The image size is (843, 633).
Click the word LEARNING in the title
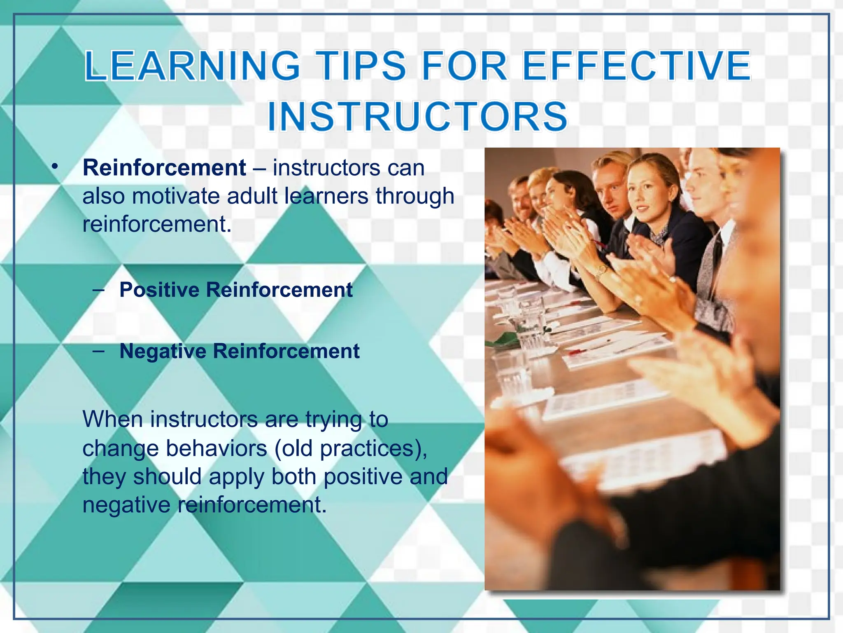(193, 66)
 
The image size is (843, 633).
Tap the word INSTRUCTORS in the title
(417, 117)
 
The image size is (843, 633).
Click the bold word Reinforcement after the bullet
(164, 168)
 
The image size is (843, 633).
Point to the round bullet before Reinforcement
(55, 166)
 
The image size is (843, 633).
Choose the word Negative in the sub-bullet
(163, 351)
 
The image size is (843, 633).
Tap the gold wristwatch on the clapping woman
(603, 270)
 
